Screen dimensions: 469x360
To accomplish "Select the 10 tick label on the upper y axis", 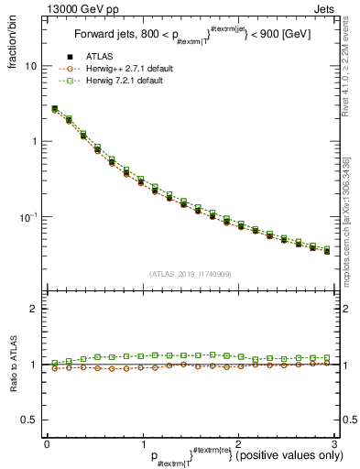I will (30, 67).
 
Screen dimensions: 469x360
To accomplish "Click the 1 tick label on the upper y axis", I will (33, 142).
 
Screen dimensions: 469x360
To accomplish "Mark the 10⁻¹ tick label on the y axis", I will (28, 217).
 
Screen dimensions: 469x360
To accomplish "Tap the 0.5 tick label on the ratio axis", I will (28, 420).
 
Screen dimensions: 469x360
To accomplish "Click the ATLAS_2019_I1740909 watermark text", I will (191, 274).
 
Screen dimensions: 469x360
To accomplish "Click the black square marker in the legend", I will (70, 58).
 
